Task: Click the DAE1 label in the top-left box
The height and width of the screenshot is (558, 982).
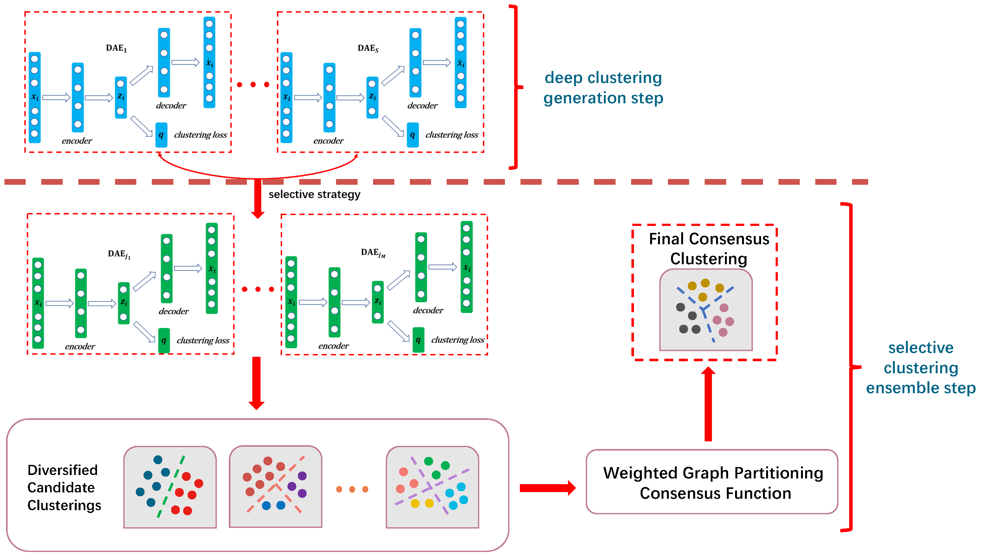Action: [116, 48]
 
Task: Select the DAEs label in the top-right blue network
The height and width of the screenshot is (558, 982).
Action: [368, 48]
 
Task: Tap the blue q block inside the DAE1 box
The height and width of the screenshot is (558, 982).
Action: [161, 135]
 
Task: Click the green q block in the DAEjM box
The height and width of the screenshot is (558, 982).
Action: [418, 340]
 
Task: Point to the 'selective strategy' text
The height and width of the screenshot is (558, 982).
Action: [314, 194]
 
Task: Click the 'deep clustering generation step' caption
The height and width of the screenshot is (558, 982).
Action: [603, 87]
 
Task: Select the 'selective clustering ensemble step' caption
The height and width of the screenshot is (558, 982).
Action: [921, 368]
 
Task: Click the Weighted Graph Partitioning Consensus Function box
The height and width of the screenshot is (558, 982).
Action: [712, 482]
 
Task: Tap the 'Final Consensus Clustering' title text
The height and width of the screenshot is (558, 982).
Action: [709, 248]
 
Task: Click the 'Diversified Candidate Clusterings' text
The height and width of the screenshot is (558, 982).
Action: [64, 487]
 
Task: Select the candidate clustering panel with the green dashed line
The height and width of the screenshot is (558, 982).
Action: [170, 487]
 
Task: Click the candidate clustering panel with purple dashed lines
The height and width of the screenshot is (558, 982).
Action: [432, 487]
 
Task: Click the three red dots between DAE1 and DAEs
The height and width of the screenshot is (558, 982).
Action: [253, 84]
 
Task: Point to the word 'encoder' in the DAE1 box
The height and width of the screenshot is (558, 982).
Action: [77, 141]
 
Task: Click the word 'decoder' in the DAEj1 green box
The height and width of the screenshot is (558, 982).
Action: [174, 311]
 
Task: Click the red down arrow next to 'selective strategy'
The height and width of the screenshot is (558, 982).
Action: [258, 199]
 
